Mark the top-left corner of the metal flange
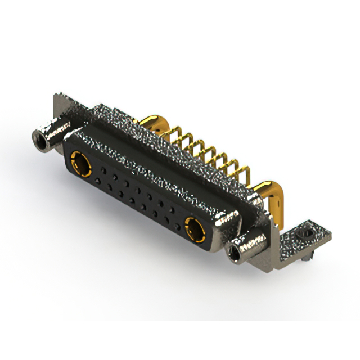56,96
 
